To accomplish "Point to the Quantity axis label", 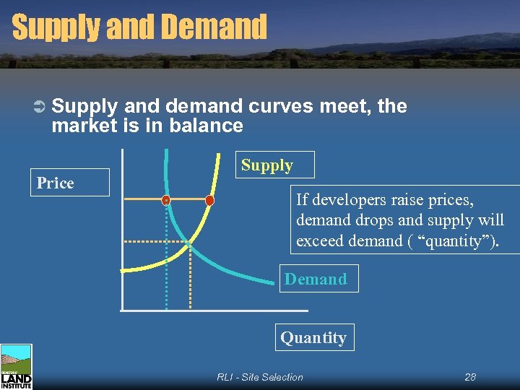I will point(313,337).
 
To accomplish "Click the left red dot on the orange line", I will point(166,199).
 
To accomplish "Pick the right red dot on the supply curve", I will point(209,200).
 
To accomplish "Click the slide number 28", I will point(470,377).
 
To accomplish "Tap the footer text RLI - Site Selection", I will point(260,377).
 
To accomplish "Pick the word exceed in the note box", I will point(320,240).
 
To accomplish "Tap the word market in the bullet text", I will point(81,126).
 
